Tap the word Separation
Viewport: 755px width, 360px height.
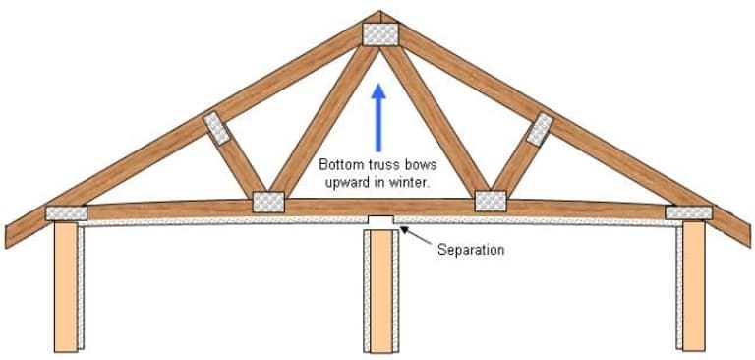(x=471, y=250)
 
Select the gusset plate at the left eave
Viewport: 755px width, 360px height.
(x=67, y=212)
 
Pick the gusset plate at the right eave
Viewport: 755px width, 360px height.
(x=688, y=212)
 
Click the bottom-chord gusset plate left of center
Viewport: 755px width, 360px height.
(x=267, y=202)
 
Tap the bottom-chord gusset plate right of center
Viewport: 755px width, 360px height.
(x=490, y=201)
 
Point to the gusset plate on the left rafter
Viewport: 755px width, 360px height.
(x=215, y=129)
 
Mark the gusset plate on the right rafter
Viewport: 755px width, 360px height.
(x=540, y=129)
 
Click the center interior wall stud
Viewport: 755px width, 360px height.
(x=378, y=290)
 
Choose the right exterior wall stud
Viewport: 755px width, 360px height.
(x=693, y=285)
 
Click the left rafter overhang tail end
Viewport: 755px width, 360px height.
(x=11, y=236)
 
